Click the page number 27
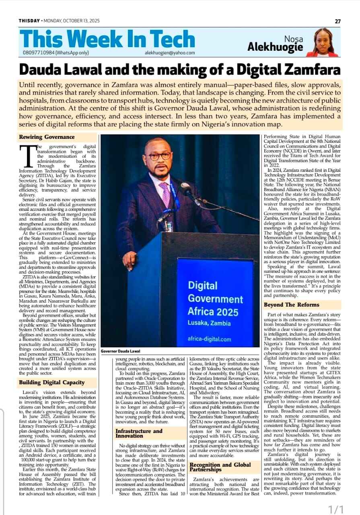[338, 21]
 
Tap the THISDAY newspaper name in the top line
[29, 21]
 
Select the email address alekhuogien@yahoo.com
[170, 53]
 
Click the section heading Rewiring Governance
[47, 137]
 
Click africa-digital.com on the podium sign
[209, 339]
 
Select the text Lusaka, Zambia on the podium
[209, 323]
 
